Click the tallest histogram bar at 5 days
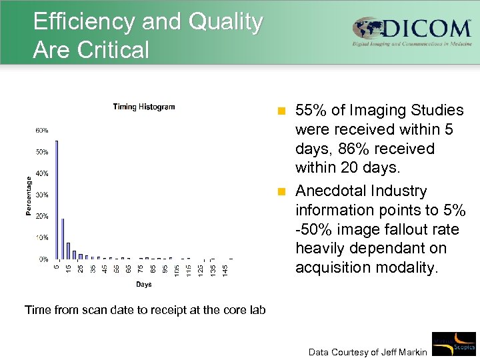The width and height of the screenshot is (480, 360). click(57, 200)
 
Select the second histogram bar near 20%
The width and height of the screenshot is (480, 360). click(63, 238)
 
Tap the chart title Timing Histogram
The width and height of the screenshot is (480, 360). click(144, 107)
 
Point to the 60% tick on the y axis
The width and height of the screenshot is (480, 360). click(41, 130)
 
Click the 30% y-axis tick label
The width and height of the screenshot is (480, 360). click(41, 195)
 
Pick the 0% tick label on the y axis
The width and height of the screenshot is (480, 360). click(43, 259)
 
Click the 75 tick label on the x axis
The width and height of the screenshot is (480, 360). click(141, 269)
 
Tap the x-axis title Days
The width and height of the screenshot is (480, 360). click(143, 285)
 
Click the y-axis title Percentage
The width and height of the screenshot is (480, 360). click(28, 195)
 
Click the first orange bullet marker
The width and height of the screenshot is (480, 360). click(282, 111)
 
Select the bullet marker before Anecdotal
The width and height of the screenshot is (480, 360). click(282, 192)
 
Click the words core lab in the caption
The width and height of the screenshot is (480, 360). click(241, 309)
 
